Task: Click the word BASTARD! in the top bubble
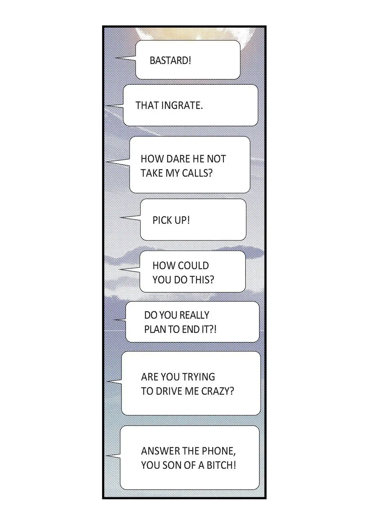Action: point(170,60)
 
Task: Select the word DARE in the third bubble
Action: point(178,159)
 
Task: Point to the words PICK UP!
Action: point(171,220)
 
